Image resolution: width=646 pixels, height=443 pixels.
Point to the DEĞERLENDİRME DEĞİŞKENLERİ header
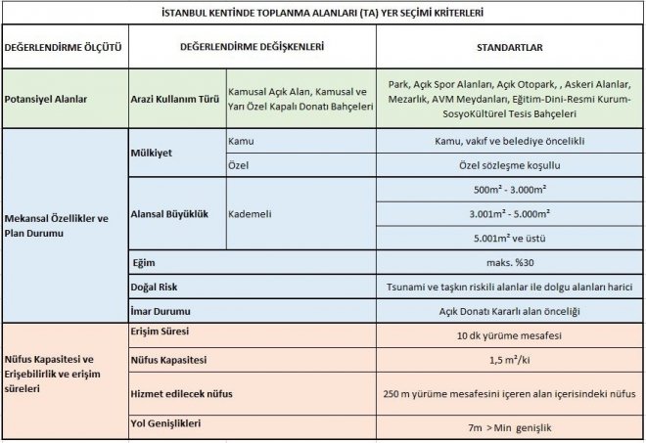pyautogui.click(x=253, y=47)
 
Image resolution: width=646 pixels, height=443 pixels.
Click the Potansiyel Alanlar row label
pyautogui.click(x=47, y=99)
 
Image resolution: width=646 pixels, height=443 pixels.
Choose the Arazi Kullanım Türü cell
pyautogui.click(x=175, y=99)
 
